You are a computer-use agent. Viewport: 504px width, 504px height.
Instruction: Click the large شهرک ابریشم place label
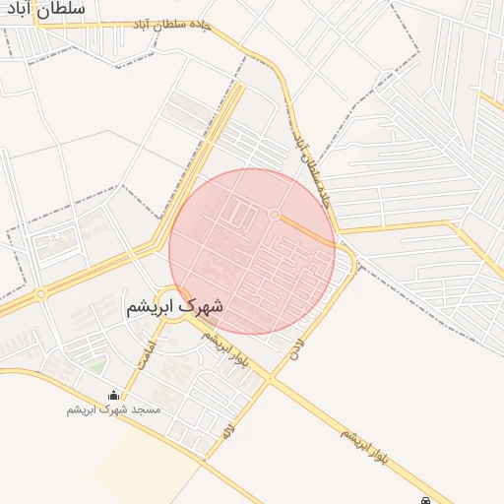coord(174,306)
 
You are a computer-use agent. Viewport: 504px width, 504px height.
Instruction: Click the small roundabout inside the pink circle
coord(274,214)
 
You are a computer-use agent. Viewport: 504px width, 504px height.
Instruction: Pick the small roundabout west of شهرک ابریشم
coord(41,293)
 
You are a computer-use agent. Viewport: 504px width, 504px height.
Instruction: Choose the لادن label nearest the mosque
coord(227,430)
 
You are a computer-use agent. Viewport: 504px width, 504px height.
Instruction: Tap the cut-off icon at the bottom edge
coord(424,500)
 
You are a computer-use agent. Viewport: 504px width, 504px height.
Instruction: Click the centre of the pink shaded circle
coord(252,251)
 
